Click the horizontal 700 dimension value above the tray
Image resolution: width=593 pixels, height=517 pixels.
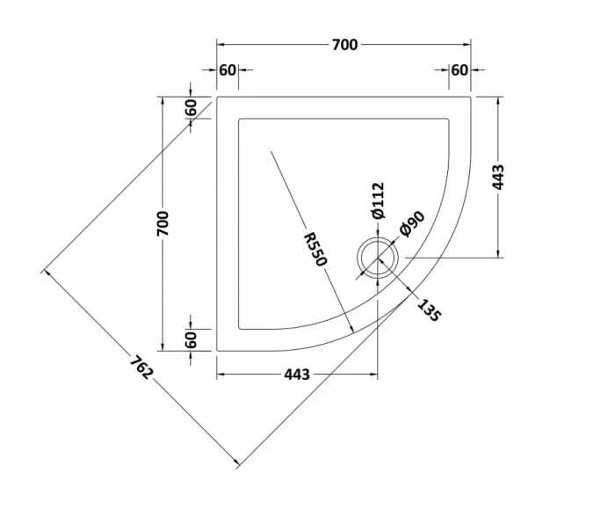pos(344,45)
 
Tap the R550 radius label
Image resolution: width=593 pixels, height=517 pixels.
pos(315,249)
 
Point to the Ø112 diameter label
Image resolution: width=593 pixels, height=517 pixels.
pos(377,200)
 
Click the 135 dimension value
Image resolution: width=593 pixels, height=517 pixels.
pos(428,310)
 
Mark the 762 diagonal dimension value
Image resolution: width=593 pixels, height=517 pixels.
pos(141,367)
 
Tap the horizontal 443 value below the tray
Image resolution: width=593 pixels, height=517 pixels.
pos(296,375)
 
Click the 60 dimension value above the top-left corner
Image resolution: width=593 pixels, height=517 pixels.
pos(228,70)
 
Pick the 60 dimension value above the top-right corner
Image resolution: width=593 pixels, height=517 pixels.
pos(459,70)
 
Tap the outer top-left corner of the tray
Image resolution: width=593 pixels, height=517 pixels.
pos(217,97)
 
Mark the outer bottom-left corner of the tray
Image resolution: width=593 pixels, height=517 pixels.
pos(217,351)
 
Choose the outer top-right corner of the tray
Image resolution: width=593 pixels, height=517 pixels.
pos(471,97)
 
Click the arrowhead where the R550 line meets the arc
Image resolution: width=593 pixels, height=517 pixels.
pos(351,331)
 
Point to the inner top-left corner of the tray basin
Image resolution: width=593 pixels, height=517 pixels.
pos(238,118)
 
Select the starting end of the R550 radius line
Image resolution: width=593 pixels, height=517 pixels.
pos(272,151)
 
